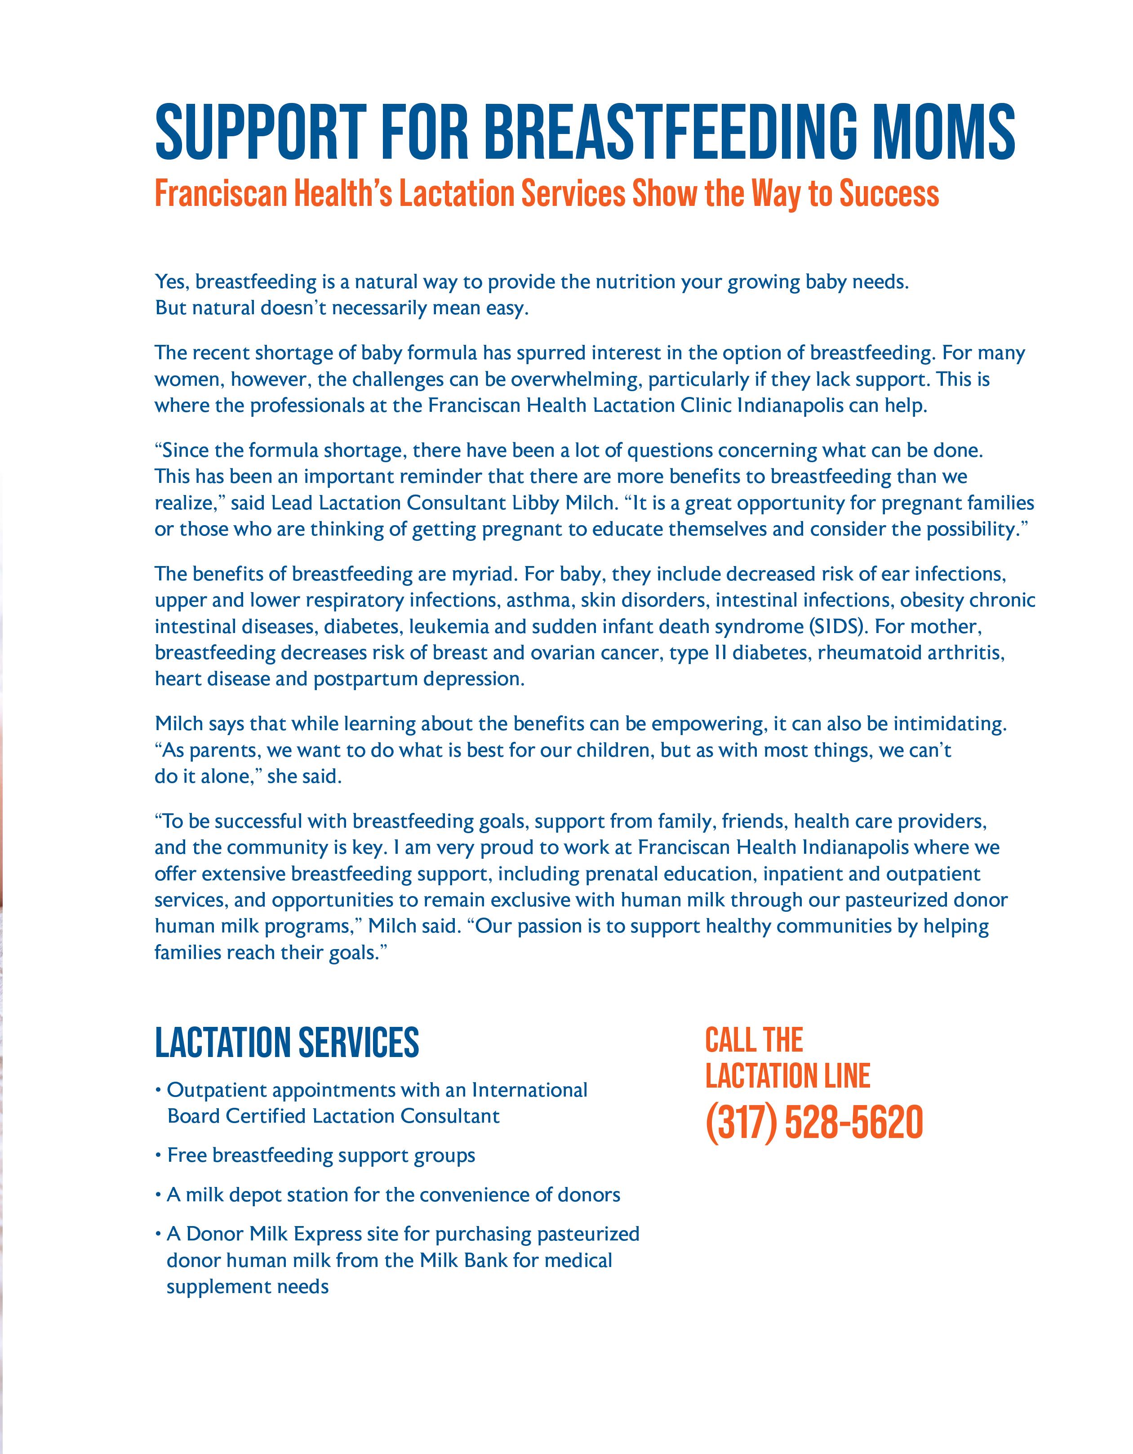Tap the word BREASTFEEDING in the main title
[x=672, y=132]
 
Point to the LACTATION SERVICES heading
[x=287, y=1043]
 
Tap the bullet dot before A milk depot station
[x=159, y=1195]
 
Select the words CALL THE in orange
[x=754, y=1040]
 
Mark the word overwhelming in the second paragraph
[x=576, y=379]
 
